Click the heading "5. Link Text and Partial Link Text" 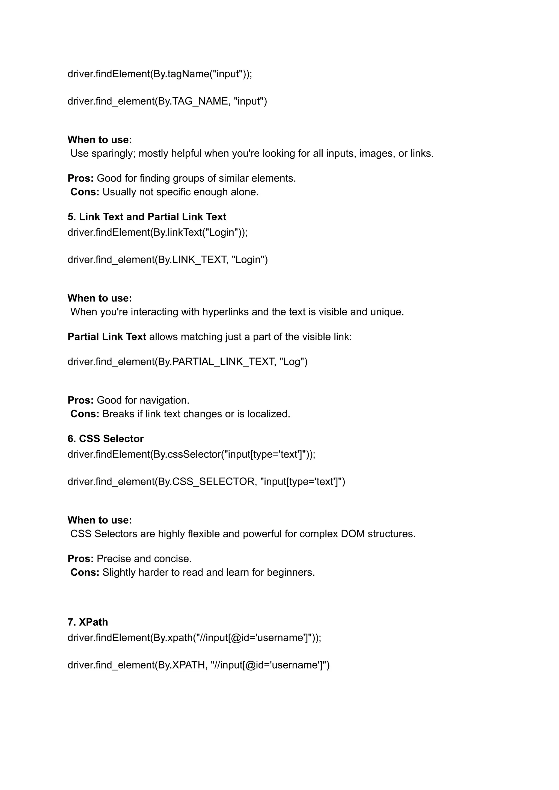click(147, 217)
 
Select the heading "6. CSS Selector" click(105, 439)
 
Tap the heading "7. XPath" click(88, 622)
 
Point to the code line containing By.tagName click(160, 74)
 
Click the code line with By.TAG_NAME click(167, 101)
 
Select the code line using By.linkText click(157, 232)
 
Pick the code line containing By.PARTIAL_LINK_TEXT click(187, 362)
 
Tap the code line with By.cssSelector click(191, 455)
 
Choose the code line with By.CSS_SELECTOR click(206, 481)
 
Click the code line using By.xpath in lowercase click(194, 638)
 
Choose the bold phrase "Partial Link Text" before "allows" click(107, 337)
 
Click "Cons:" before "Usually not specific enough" click(85, 192)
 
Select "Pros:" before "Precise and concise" click(81, 559)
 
